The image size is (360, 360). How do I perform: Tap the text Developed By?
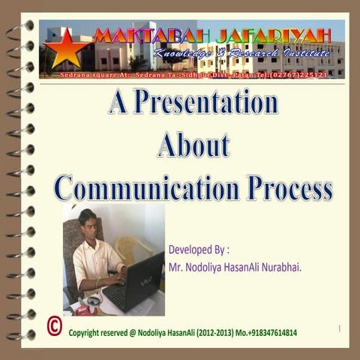tap(198, 249)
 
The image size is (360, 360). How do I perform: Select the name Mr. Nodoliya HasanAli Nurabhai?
tap(235, 266)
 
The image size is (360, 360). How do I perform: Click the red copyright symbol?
tap(54, 325)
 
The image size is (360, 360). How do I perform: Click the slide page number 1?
tap(340, 328)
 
